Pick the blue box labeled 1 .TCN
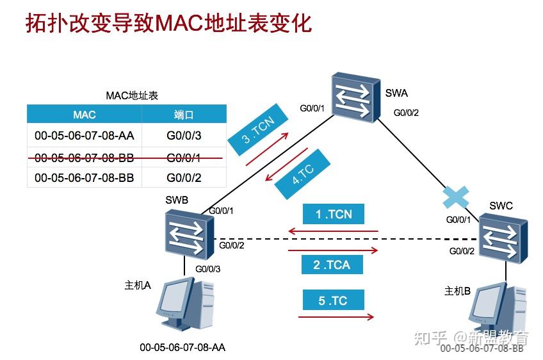(x=334, y=214)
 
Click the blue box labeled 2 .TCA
(x=332, y=264)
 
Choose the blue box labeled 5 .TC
(x=332, y=300)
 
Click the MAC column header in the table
(x=84, y=115)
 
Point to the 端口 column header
(x=183, y=115)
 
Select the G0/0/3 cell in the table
(x=183, y=135)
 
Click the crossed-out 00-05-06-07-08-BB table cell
(x=84, y=157)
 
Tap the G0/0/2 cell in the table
(x=183, y=177)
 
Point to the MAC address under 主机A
(x=182, y=348)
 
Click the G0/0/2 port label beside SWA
(x=405, y=113)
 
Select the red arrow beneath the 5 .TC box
(x=336, y=316)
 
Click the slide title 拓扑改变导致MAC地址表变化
(x=168, y=23)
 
